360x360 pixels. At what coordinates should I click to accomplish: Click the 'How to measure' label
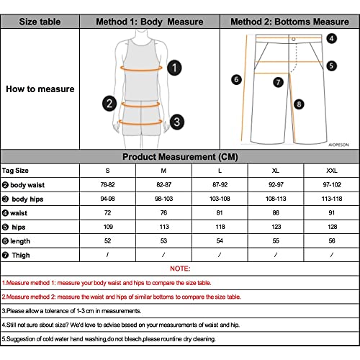(x=40, y=90)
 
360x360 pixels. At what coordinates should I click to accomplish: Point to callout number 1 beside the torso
(x=174, y=68)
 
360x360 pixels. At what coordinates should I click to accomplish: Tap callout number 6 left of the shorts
(x=235, y=79)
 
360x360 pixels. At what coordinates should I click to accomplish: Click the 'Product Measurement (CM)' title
(x=180, y=157)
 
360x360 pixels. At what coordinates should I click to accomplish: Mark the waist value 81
(x=220, y=213)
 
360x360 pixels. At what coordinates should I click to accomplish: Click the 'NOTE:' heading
(x=180, y=269)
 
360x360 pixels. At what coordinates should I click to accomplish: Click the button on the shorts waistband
(x=294, y=37)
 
